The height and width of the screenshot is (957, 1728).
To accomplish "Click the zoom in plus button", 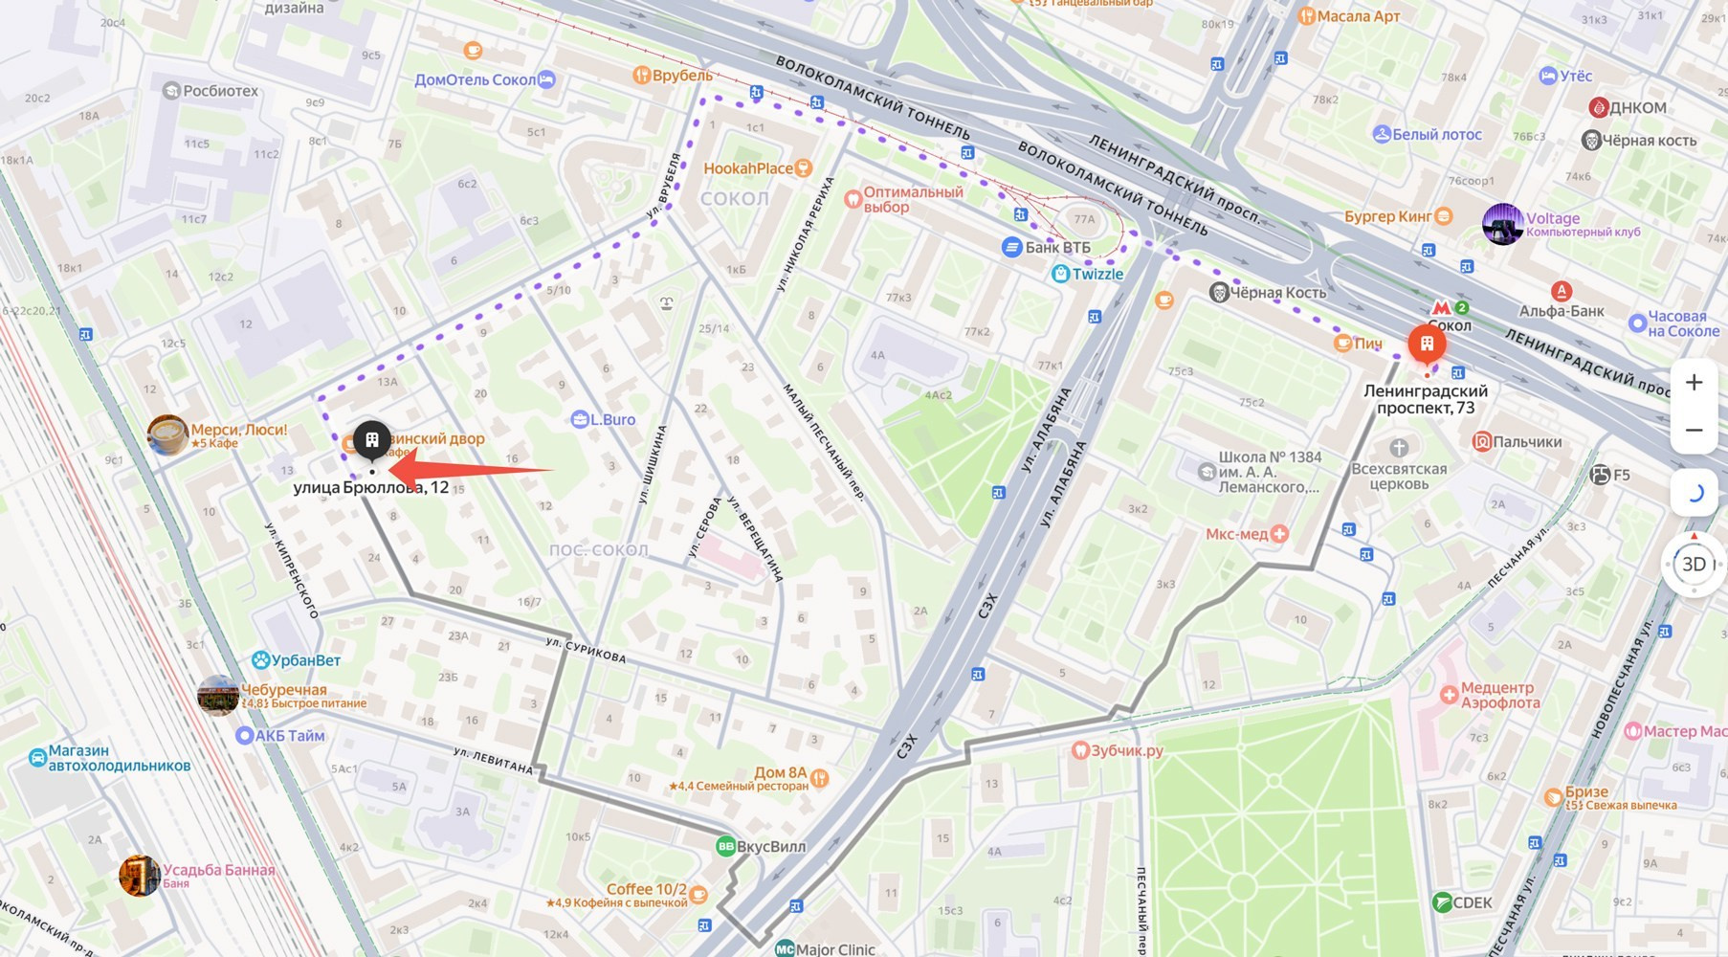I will pyautogui.click(x=1694, y=383).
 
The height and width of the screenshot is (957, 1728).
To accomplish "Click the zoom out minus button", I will pyautogui.click(x=1694, y=431).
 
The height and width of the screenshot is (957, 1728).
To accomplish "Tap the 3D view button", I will pyautogui.click(x=1694, y=565).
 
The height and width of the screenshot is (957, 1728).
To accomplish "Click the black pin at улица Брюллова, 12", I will pyautogui.click(x=372, y=440).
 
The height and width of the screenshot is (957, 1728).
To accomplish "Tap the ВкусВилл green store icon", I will pyautogui.click(x=726, y=846).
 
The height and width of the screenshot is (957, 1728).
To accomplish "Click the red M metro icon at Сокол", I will pyautogui.click(x=1442, y=308).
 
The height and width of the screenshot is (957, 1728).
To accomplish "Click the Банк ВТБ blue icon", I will pyautogui.click(x=1011, y=247).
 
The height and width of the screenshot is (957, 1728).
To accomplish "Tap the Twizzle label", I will pyautogui.click(x=1097, y=274).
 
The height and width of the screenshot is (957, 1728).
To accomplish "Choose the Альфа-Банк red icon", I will pyautogui.click(x=1561, y=291).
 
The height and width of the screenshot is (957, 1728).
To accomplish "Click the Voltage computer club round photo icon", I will pyautogui.click(x=1502, y=224).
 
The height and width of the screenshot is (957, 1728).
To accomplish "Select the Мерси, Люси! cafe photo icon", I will pyautogui.click(x=167, y=434).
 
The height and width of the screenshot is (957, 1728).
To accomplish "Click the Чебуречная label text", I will pyautogui.click(x=283, y=690).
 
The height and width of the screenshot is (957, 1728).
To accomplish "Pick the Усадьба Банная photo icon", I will pyautogui.click(x=139, y=876).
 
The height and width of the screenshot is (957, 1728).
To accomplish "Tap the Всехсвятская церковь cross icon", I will pyautogui.click(x=1399, y=448).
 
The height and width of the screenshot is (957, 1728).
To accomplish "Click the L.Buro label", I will pyautogui.click(x=612, y=419).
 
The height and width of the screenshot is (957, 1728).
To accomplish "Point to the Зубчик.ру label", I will pyautogui.click(x=1126, y=750).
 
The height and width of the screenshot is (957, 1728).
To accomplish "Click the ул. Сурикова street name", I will pyautogui.click(x=586, y=650).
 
